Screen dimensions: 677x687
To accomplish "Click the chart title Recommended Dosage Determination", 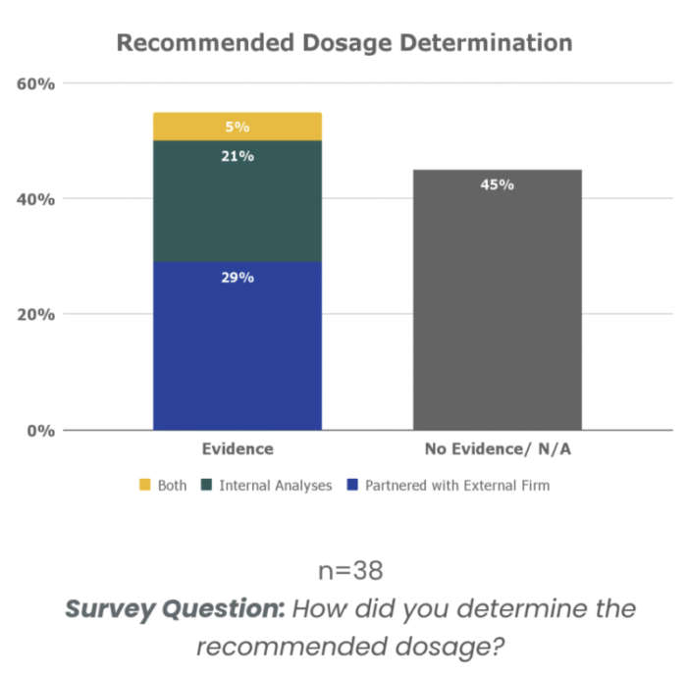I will (x=343, y=43).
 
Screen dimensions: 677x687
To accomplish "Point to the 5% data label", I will (x=238, y=127).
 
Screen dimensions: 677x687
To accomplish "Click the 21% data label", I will (x=238, y=156).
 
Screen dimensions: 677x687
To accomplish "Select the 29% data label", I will (x=238, y=278).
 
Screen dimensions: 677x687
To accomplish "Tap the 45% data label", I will (x=497, y=184).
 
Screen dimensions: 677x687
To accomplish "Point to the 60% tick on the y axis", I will (x=36, y=83).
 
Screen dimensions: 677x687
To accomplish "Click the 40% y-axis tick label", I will (x=36, y=199).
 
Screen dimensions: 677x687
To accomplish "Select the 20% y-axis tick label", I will (x=36, y=315).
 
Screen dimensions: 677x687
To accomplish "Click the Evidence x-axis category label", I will (x=238, y=449).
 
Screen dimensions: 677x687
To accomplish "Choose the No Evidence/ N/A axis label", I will (x=497, y=449).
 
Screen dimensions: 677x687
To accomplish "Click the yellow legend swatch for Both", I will (x=145, y=485).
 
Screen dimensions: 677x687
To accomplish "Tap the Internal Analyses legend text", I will (x=276, y=485).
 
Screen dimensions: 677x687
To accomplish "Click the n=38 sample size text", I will (x=350, y=570).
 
